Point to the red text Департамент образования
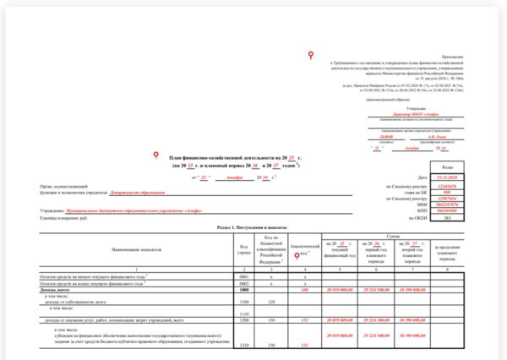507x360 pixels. point(109,191)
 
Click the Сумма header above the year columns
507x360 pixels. point(391,237)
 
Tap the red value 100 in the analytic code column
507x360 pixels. point(303,289)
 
